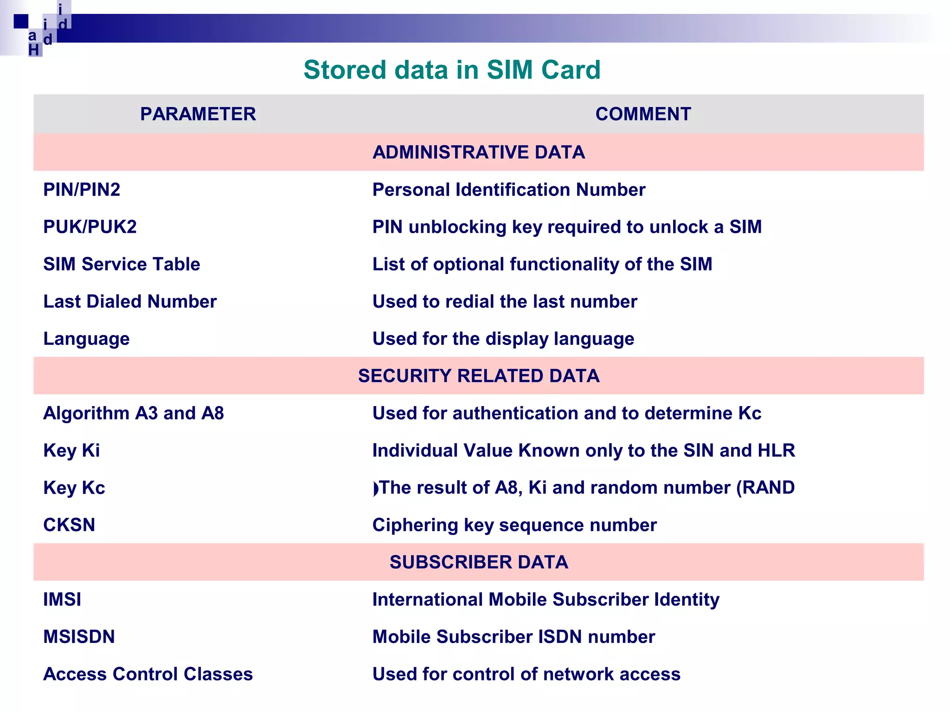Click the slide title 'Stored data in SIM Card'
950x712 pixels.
[x=452, y=70]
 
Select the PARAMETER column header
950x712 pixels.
[x=198, y=114]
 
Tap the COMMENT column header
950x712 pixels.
[x=643, y=114]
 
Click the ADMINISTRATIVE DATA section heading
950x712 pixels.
[x=478, y=153]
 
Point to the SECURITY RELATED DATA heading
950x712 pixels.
[x=478, y=376]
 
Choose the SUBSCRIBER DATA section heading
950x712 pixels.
[x=478, y=562]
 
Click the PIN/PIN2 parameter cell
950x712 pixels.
[x=82, y=190]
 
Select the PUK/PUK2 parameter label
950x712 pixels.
[x=90, y=227]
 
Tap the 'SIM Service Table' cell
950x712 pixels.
[x=122, y=264]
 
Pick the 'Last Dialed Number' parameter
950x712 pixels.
[x=130, y=302]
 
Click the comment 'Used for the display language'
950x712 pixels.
[x=503, y=339]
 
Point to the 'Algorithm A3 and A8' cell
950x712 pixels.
[x=134, y=413]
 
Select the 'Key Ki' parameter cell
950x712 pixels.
[x=71, y=451]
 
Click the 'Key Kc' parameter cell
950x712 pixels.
[x=74, y=488]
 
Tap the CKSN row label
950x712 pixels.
[x=69, y=525]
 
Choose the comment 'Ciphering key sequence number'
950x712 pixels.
[x=514, y=525]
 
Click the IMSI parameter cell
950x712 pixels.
[x=62, y=600]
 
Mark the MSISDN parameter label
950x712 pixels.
[x=79, y=637]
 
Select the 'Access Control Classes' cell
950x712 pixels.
[x=148, y=674]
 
